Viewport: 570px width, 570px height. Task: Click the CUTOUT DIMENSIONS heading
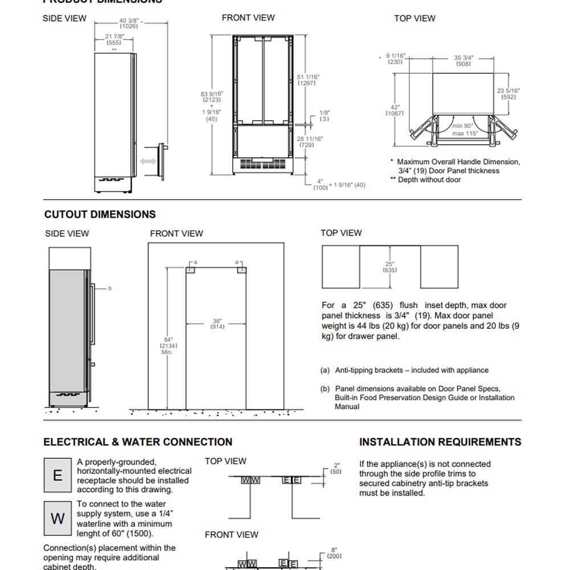(x=100, y=214)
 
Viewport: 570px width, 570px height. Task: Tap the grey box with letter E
(x=58, y=475)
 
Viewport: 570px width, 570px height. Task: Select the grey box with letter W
(x=58, y=518)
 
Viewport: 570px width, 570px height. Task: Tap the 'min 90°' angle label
(x=463, y=126)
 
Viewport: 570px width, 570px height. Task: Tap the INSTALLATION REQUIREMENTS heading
(x=440, y=442)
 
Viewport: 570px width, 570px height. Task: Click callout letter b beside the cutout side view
(x=110, y=288)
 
